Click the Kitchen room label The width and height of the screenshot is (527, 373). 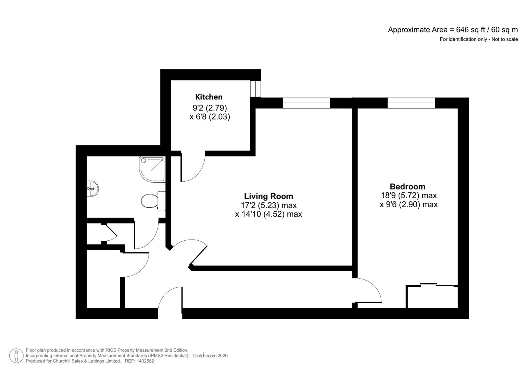[x=209, y=97]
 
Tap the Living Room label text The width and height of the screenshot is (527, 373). [x=269, y=196]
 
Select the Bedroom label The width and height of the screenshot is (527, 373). [x=407, y=186]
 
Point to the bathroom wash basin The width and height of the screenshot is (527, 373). [x=92, y=189]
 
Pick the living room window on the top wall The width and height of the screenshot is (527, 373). [x=306, y=103]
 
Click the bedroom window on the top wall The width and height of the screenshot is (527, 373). [x=411, y=103]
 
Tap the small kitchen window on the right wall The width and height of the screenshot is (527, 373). [x=255, y=89]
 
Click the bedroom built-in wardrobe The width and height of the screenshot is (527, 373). [x=432, y=296]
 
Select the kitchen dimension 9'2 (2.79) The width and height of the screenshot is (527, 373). [x=209, y=108]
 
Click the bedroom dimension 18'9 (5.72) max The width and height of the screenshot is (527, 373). [x=409, y=195]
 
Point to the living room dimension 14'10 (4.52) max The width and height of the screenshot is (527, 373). [x=269, y=214]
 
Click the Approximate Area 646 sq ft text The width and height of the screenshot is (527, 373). [x=453, y=30]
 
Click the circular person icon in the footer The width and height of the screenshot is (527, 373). [x=16, y=356]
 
